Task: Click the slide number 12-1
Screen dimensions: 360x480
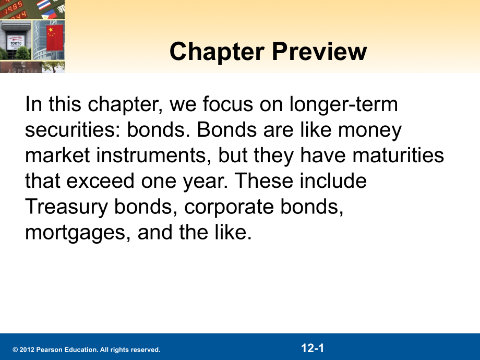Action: click(x=313, y=348)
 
